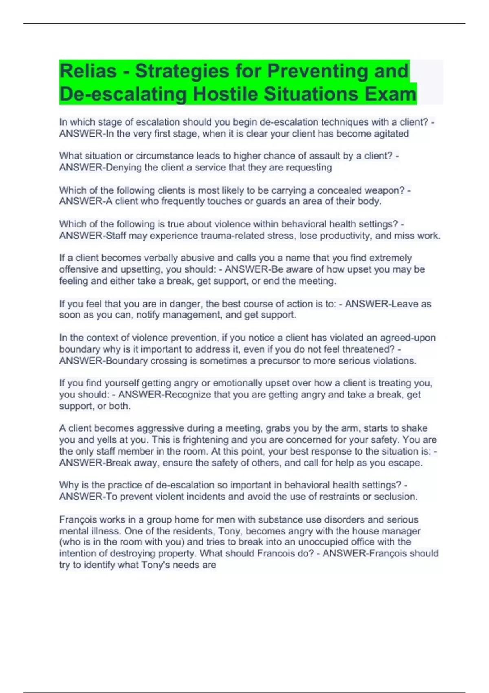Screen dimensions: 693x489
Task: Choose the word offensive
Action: point(79,269)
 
